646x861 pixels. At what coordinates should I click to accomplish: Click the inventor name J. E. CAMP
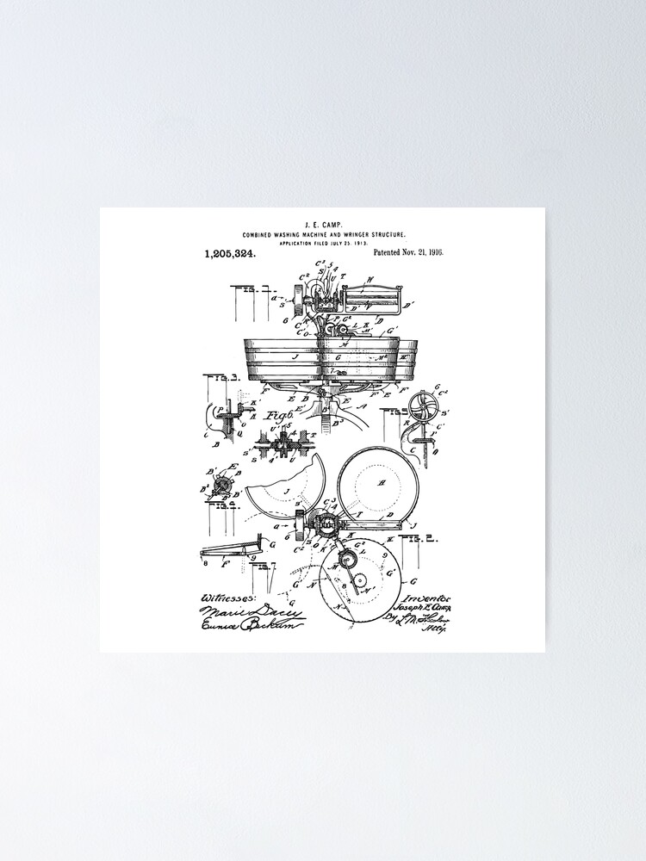pos(323,223)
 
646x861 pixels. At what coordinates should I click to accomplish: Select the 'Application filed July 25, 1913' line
pos(323,244)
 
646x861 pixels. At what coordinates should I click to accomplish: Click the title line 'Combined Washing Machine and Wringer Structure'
pos(323,234)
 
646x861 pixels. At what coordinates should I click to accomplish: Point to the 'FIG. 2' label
pos(416,539)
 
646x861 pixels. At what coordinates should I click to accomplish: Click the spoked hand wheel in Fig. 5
pos(424,408)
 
